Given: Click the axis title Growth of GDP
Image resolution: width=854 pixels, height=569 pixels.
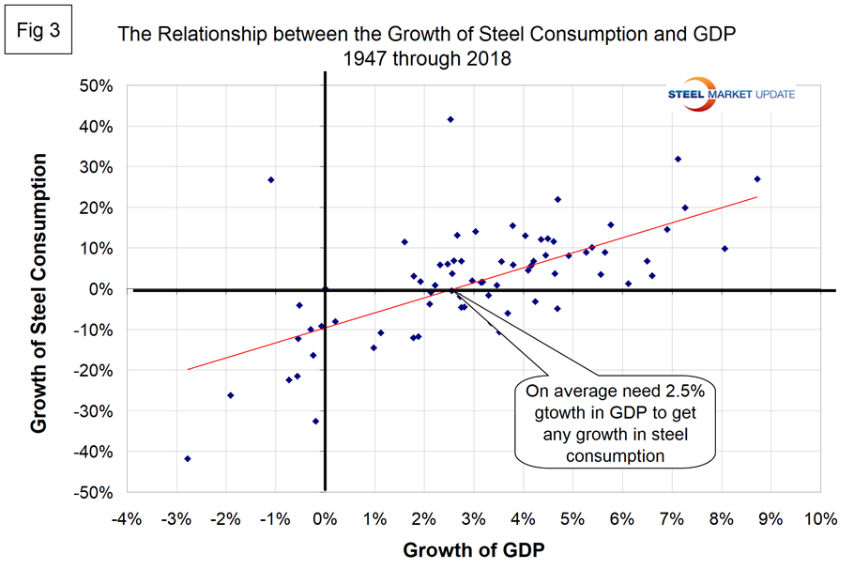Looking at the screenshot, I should [473, 549].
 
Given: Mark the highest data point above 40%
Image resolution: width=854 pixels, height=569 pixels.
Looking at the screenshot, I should [450, 119].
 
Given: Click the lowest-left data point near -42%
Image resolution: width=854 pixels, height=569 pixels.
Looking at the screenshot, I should [188, 458].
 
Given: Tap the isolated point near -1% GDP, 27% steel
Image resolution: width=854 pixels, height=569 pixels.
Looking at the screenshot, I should [271, 179].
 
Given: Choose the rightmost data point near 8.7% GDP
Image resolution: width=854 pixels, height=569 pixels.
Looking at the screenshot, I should [757, 178].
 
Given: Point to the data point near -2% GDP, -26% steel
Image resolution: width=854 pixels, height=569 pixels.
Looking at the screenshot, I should [231, 395].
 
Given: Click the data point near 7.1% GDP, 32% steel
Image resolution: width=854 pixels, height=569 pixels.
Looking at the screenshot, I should [678, 159].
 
